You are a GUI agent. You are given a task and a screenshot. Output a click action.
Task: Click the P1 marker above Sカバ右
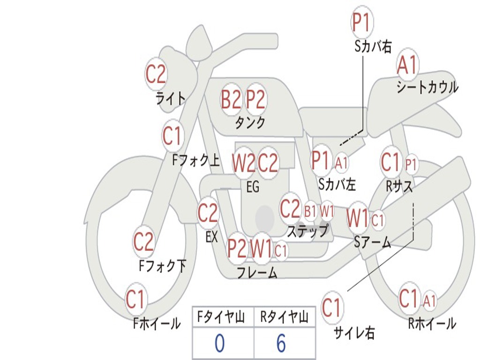point(362,23)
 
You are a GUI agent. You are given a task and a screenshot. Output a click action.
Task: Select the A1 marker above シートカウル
point(407,65)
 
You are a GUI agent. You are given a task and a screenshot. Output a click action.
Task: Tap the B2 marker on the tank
point(231,99)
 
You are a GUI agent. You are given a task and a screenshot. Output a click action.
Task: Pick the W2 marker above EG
point(243,163)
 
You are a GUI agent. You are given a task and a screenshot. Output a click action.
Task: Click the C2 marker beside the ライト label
point(156,74)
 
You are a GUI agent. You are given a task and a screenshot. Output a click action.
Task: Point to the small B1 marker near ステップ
point(310,211)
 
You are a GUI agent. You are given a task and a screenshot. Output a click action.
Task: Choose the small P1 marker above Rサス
point(411,164)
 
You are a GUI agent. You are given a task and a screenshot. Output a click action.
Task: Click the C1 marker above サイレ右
point(332,308)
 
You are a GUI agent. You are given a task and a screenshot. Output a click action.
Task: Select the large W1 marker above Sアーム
point(358,218)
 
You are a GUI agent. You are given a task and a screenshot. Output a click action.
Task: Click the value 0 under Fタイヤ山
point(219,344)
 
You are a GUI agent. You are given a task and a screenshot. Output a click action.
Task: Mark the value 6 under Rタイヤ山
point(281,344)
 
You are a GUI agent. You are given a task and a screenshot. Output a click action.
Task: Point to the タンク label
point(250,123)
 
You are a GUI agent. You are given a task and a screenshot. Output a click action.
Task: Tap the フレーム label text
point(256,272)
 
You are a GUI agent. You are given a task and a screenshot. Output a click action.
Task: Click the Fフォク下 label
point(163,266)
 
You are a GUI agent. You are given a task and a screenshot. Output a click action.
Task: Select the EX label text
point(211,237)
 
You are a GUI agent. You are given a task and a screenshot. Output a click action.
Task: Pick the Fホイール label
point(157,323)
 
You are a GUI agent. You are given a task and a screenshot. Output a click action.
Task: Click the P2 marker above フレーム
point(237,248)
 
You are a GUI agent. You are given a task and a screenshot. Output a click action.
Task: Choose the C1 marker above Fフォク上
point(172,136)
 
